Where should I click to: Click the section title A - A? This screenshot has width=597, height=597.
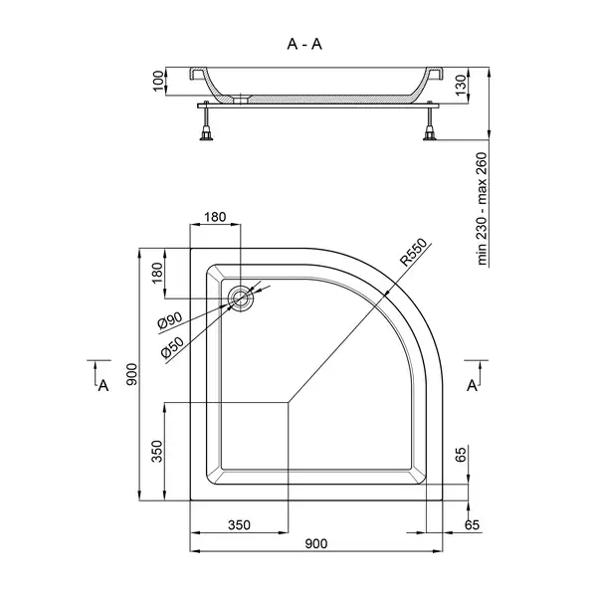(304, 44)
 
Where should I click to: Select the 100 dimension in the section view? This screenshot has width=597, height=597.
(158, 81)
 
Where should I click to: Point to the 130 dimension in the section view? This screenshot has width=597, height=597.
(461, 86)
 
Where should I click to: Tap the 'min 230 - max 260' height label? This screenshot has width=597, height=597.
(482, 209)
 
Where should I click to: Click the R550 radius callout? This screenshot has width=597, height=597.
(414, 252)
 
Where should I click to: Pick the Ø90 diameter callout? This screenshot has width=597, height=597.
(170, 319)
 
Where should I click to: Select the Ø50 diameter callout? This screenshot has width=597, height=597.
(172, 347)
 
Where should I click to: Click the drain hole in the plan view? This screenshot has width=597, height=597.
(240, 298)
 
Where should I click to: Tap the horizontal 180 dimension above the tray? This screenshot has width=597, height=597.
(215, 217)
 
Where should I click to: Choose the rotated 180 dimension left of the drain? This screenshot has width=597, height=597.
(157, 273)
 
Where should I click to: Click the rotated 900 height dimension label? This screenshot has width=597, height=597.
(131, 374)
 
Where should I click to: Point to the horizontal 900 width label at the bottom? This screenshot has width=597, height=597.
(316, 543)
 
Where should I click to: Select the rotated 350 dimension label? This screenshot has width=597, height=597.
(157, 451)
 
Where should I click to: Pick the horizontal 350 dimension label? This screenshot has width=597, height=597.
(239, 525)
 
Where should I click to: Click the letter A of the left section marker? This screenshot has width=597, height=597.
(103, 386)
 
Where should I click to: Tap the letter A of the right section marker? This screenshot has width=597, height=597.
(472, 386)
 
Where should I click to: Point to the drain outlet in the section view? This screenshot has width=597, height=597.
(241, 99)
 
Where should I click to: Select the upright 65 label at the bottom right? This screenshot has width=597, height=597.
(461, 455)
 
